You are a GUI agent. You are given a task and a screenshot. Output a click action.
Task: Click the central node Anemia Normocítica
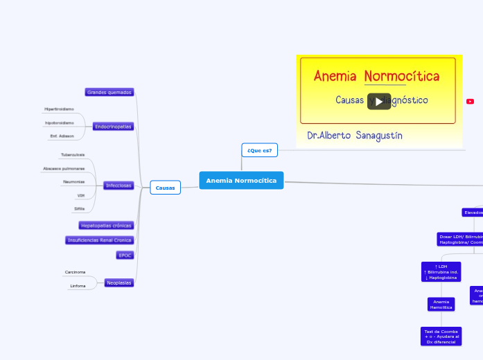[x=241, y=181]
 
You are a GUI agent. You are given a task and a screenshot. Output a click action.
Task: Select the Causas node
[x=165, y=188]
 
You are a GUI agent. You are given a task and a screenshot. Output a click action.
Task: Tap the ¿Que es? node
[x=259, y=150]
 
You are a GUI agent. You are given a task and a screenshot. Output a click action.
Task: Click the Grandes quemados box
[x=109, y=92]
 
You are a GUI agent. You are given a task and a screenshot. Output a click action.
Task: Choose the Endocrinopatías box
[x=113, y=127]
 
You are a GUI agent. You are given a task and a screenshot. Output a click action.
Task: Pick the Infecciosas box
[x=118, y=186]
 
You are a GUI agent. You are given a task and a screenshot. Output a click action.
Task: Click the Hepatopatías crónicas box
[x=106, y=226]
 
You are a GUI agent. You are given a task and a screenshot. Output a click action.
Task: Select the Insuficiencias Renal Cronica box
[x=99, y=240]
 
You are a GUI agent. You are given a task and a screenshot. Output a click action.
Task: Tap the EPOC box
[x=125, y=255]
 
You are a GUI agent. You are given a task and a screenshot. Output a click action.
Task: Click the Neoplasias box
[x=119, y=282]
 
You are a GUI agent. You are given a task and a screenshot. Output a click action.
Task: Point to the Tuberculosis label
[x=73, y=155]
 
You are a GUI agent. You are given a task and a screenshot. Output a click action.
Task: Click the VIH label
[x=81, y=195]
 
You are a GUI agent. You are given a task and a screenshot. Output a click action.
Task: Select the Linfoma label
[x=78, y=286]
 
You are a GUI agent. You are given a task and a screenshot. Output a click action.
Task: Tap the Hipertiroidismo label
[x=59, y=109]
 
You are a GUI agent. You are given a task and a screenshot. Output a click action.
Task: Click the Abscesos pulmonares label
[x=64, y=168]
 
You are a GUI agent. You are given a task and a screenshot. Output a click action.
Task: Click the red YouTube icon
[x=470, y=102]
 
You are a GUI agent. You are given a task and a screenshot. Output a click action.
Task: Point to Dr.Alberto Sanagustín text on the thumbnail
[x=354, y=136]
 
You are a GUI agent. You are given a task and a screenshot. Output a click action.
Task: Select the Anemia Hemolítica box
[x=441, y=305]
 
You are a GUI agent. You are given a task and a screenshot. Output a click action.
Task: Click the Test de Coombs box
[x=441, y=336]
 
